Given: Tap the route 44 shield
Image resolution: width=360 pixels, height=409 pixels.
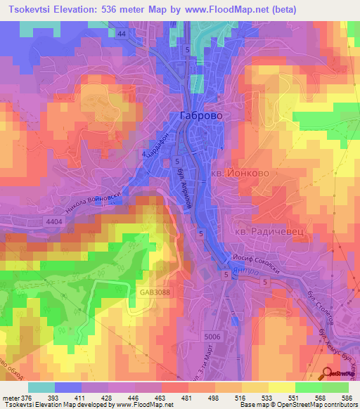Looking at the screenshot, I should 122,34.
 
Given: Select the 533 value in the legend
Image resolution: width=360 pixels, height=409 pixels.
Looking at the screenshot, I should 247,397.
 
